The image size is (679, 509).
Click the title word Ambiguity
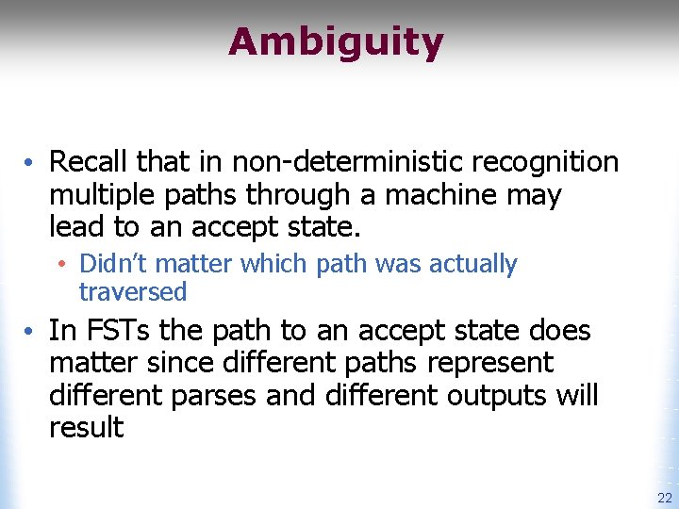pyautogui.click(x=336, y=43)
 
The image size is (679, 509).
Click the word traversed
pyautogui.click(x=133, y=292)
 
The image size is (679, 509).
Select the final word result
pyautogui.click(x=86, y=427)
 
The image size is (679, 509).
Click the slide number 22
pyautogui.click(x=663, y=499)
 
